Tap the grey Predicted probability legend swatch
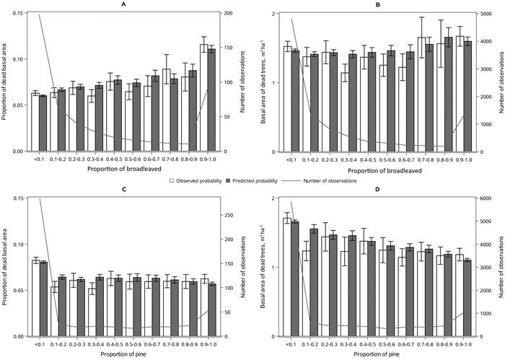(x=229, y=180)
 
